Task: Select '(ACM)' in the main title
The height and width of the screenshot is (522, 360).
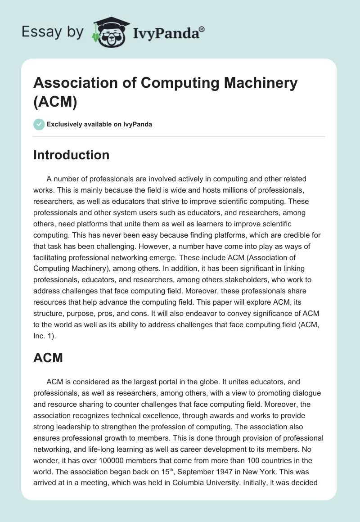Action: click(x=55, y=102)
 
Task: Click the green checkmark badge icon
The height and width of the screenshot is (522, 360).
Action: click(x=39, y=124)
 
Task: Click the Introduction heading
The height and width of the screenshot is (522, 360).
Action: click(x=71, y=155)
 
